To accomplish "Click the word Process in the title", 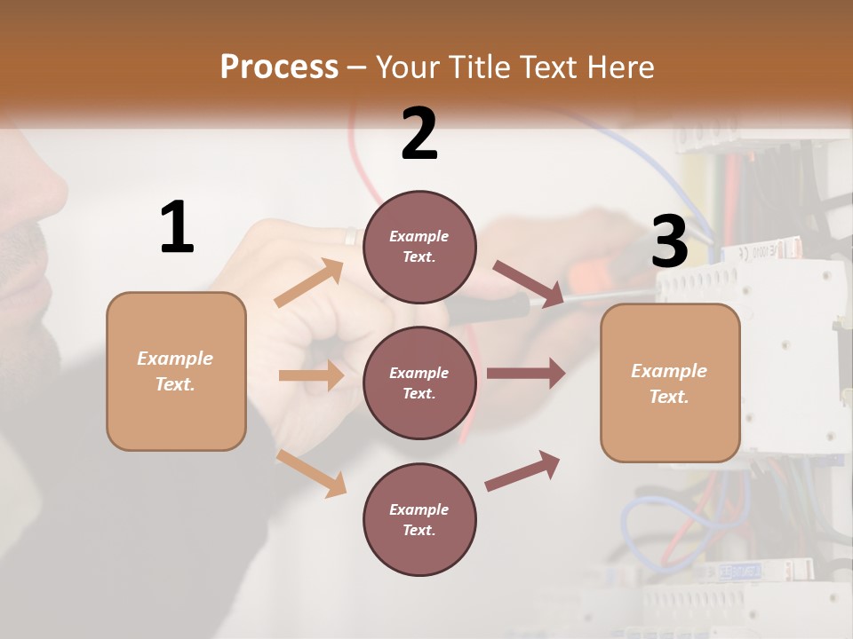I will [279, 67].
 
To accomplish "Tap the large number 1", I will [177, 228].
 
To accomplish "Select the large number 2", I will [419, 133].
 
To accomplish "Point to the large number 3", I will [669, 241].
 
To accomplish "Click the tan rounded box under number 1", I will [176, 371].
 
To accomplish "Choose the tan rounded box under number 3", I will [670, 383].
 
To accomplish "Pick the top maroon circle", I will [419, 247].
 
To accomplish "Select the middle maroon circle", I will [419, 383].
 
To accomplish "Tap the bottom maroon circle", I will [419, 519].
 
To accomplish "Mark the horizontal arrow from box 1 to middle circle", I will [311, 375].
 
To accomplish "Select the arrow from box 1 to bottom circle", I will [312, 473].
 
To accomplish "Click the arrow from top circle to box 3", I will [528, 284].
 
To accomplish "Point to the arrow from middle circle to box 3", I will [526, 374].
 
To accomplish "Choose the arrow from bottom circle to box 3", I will [522, 470].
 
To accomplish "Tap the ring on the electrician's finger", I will [350, 236].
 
